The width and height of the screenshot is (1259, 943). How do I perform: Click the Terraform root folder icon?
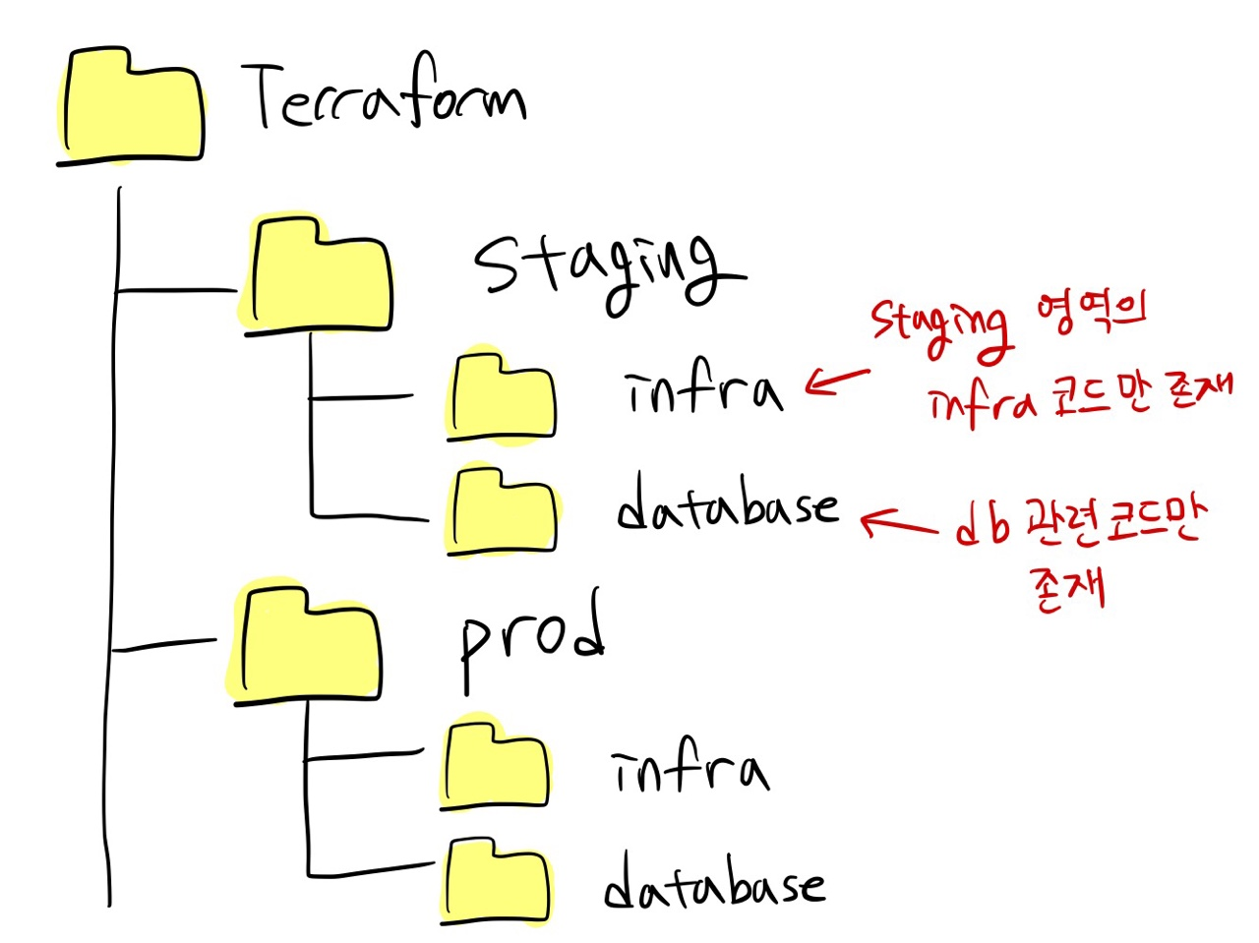(131, 108)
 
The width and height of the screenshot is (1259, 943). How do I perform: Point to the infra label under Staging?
(702, 389)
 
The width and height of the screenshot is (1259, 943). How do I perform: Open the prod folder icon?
(307, 644)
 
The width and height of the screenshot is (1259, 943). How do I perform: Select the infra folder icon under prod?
(495, 768)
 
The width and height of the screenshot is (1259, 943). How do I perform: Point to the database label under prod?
(714, 885)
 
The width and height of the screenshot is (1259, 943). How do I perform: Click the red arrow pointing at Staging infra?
(837, 382)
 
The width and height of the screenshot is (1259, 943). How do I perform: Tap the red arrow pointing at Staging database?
(897, 523)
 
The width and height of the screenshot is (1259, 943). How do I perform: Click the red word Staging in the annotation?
(939, 325)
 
